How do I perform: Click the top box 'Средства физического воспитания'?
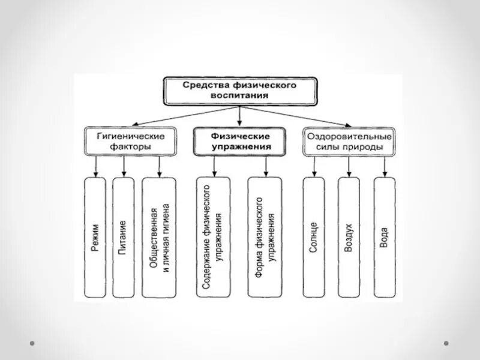pyautogui.click(x=239, y=91)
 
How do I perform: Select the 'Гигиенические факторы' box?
pyautogui.click(x=131, y=141)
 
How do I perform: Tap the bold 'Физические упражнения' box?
pyautogui.click(x=239, y=141)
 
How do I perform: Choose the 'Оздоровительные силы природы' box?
pyautogui.click(x=350, y=141)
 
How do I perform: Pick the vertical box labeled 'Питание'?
pyautogui.click(x=123, y=237)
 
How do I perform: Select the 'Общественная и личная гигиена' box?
pyautogui.click(x=159, y=237)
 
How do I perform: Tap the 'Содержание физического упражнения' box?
pyautogui.click(x=212, y=237)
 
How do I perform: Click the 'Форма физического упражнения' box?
pyautogui.click(x=265, y=237)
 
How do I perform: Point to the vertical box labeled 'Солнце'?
pyautogui.click(x=314, y=237)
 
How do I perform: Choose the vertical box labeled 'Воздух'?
pyautogui.click(x=349, y=237)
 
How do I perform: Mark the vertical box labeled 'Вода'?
pyautogui.click(x=384, y=237)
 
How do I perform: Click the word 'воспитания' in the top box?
pyautogui.click(x=239, y=96)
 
